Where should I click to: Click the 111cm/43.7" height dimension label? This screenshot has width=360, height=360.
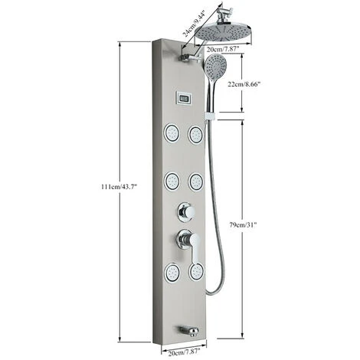tap(119, 187)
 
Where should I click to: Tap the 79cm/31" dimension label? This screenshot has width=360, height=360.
tap(243, 225)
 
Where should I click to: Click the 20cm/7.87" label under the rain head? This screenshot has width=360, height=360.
tap(223, 49)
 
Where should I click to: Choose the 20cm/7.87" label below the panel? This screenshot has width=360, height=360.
tap(184, 353)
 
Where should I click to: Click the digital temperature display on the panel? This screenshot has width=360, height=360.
tap(184, 98)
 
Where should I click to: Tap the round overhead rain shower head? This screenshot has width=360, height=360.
tap(224, 33)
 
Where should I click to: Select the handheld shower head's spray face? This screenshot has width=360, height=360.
tap(216, 65)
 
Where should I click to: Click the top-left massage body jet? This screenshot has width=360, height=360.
tap(172, 133)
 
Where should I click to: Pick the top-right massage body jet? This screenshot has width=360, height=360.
tap(196, 135)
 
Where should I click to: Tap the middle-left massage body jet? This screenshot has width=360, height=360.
tap(172, 182)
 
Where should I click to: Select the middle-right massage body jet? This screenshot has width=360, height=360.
tap(196, 182)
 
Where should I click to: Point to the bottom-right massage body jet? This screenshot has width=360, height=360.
tap(196, 271)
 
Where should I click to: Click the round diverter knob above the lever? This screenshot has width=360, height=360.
tap(187, 211)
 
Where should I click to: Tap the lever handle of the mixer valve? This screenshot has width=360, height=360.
tap(195, 248)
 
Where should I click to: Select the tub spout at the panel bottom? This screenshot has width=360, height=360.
tap(189, 331)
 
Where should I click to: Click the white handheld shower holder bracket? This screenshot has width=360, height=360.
tap(210, 116)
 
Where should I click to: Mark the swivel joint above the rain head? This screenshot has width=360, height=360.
tap(223, 15)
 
